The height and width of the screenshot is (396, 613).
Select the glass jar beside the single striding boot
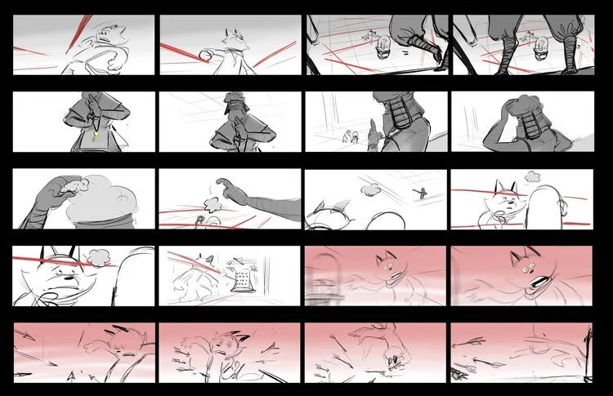[x=381, y=48]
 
